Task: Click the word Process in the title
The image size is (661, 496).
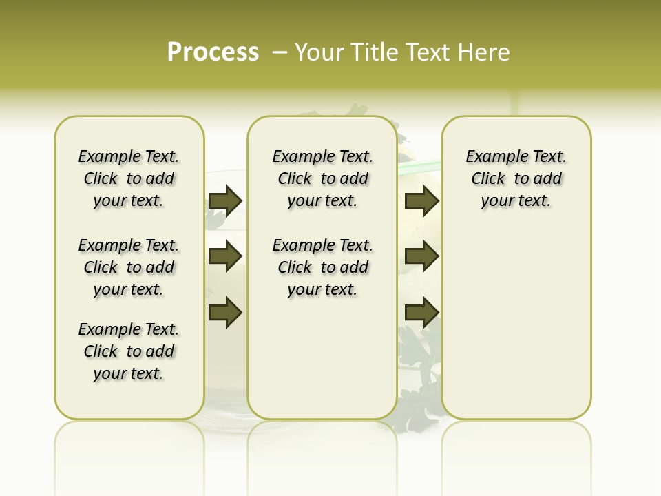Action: tap(213, 52)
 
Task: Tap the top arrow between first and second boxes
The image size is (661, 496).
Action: tap(225, 200)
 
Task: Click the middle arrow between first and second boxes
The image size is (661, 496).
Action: tap(225, 257)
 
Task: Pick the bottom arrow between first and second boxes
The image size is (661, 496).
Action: tap(225, 313)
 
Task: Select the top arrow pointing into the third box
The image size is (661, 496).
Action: tap(421, 200)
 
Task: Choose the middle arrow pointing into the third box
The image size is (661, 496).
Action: tap(421, 257)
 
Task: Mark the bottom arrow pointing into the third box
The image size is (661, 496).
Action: tap(421, 313)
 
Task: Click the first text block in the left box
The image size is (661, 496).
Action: tap(129, 178)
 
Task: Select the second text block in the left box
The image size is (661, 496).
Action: tap(129, 267)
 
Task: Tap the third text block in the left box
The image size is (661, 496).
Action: tap(129, 351)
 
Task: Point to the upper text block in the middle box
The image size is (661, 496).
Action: tap(322, 178)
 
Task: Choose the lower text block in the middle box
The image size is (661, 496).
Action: tap(322, 267)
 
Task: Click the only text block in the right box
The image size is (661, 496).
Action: tap(516, 178)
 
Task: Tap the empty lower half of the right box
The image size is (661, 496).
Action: tap(516, 331)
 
